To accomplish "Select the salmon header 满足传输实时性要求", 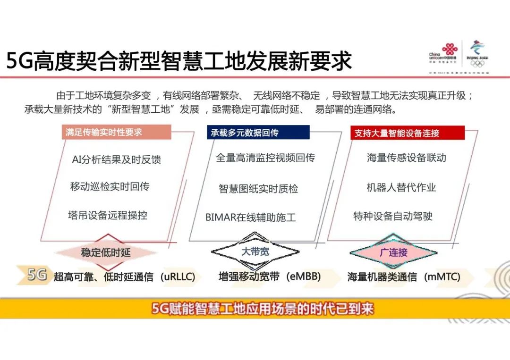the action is pos(116,132).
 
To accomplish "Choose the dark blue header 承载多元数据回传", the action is pos(258,133).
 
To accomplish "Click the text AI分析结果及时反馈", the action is pos(116,159).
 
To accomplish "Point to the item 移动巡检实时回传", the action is pos(110,186).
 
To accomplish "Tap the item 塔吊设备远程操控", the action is pos(108,215).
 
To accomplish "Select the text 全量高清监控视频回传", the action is pos(265,158).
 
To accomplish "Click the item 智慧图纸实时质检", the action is pos(258,189).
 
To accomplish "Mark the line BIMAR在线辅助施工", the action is pos(250,218).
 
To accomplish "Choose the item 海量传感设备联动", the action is pos(406,158).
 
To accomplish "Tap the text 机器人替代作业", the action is pos(401,187).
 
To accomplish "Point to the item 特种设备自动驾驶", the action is pos(393,216).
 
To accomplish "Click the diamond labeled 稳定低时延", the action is pos(106,252).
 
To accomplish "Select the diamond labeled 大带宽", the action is pos(255,251).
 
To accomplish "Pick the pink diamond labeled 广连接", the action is pos(393,252).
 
